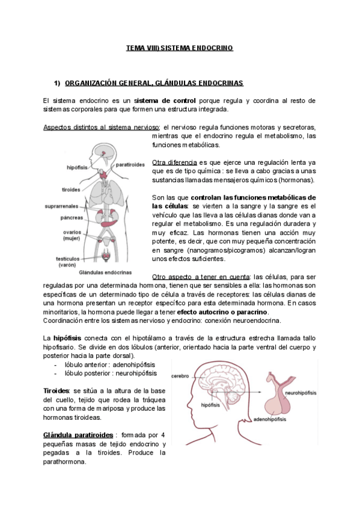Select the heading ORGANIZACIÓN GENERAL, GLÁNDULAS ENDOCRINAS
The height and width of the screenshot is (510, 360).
tap(154, 82)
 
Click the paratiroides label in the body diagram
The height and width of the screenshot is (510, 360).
tap(131, 164)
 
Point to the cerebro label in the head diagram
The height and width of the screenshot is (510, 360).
tap(181, 376)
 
